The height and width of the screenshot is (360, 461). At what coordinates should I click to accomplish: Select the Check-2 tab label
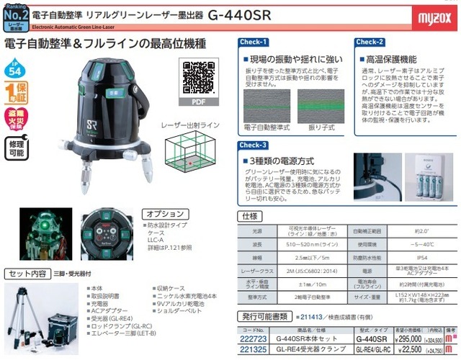click(370, 42)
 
